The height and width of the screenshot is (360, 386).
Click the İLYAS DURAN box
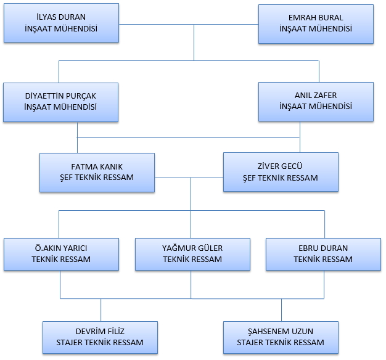pyautogui.click(x=60, y=23)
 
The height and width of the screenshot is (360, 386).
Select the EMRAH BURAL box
pyautogui.click(x=316, y=23)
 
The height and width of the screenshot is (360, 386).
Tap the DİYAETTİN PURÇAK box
pyautogui.click(x=60, y=101)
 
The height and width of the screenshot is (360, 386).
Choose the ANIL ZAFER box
pyautogui.click(x=316, y=101)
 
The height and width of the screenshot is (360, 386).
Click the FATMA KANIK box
pyautogui.click(x=97, y=172)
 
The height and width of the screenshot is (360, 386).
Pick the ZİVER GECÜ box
pyautogui.click(x=280, y=172)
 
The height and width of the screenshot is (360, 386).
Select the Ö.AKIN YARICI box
pyautogui.click(x=60, y=253)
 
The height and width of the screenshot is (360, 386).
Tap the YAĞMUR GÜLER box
pyautogui.click(x=192, y=253)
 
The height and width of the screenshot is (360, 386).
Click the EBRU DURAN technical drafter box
pyautogui.click(x=323, y=253)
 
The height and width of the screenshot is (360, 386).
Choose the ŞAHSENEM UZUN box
pyautogui.click(x=280, y=337)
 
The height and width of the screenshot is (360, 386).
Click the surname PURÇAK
pyautogui.click(x=84, y=96)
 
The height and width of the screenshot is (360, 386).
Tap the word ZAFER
pyautogui.click(x=329, y=96)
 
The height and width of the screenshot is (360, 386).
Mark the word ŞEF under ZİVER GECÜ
pyautogui.click(x=250, y=178)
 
